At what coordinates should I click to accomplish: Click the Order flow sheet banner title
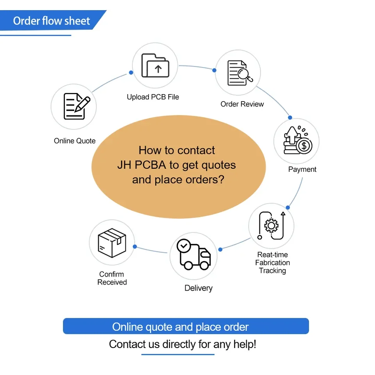pyautogui.click(x=52, y=21)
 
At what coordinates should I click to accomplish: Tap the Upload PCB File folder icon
pyautogui.click(x=155, y=66)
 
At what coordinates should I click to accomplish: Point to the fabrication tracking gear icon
pyautogui.click(x=271, y=225)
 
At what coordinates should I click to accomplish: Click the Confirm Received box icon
pyautogui.click(x=112, y=243)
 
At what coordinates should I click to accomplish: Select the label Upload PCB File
pyautogui.click(x=153, y=97)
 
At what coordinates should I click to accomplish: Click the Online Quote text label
pyautogui.click(x=75, y=141)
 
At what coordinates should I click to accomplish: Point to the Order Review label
pyautogui.click(x=242, y=104)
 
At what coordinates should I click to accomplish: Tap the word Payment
pyautogui.click(x=302, y=169)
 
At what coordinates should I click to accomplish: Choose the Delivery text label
pyautogui.click(x=198, y=288)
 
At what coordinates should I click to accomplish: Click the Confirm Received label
pyautogui.click(x=112, y=278)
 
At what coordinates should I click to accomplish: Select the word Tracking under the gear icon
pyautogui.click(x=272, y=271)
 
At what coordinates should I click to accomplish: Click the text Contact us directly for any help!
pyautogui.click(x=182, y=344)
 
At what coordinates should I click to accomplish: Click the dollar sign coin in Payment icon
pyautogui.click(x=304, y=146)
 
